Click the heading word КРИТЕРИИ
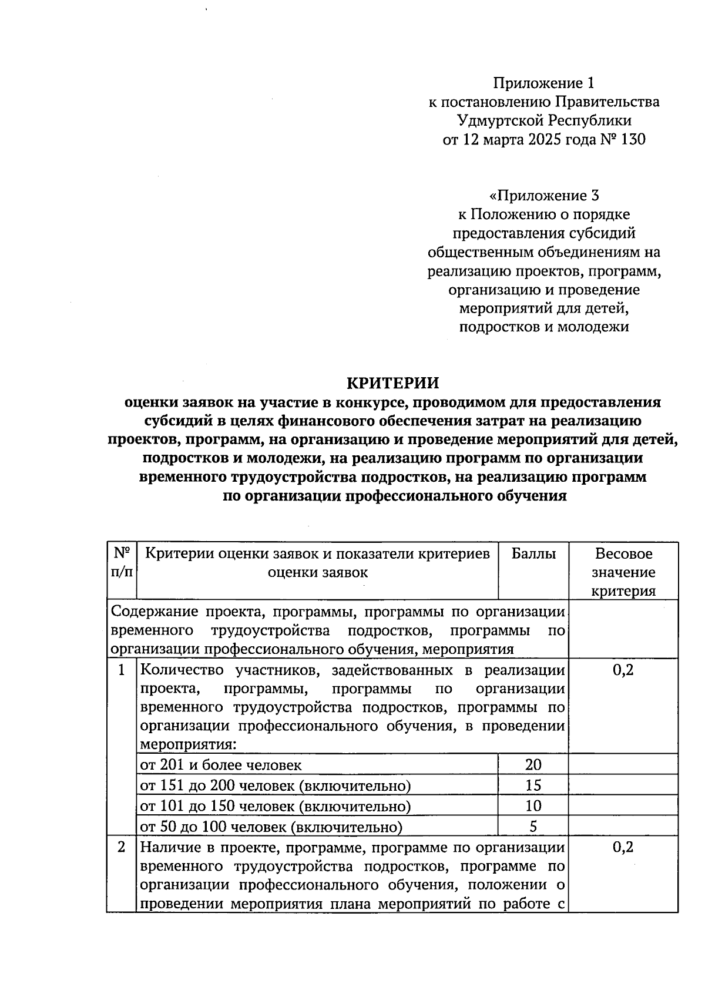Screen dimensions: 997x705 (x=392, y=383)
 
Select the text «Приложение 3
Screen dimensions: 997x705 (x=544, y=195)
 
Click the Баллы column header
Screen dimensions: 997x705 (x=533, y=553)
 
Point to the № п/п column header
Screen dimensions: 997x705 (x=122, y=562)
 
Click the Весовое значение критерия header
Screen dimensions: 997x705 (x=623, y=572)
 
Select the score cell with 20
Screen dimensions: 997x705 (x=533, y=764)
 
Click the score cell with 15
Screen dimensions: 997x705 (x=533, y=785)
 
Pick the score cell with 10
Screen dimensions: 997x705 (x=533, y=806)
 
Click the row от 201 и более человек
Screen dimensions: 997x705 (x=221, y=765)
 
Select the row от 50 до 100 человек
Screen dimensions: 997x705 (x=271, y=827)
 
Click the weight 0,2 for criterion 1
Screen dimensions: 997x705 (x=623, y=670)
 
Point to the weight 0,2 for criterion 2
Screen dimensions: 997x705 (x=623, y=847)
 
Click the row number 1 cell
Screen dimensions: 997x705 (x=122, y=670)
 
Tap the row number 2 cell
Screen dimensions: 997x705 (x=122, y=847)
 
